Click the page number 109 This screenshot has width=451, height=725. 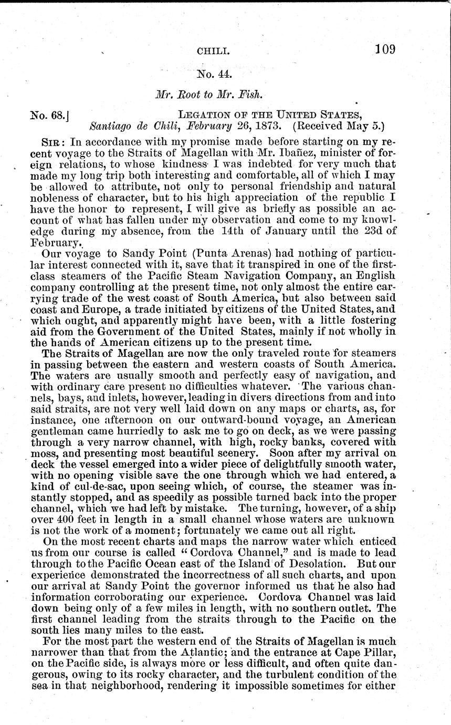[x=385, y=50]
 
